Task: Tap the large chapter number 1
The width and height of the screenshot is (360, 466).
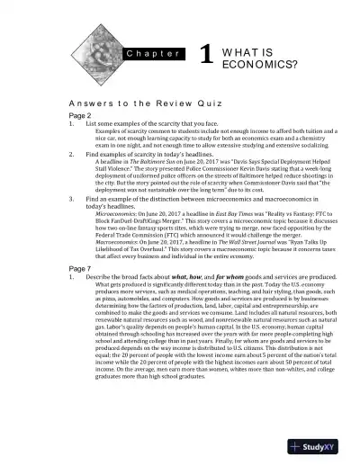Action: coord(206,55)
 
